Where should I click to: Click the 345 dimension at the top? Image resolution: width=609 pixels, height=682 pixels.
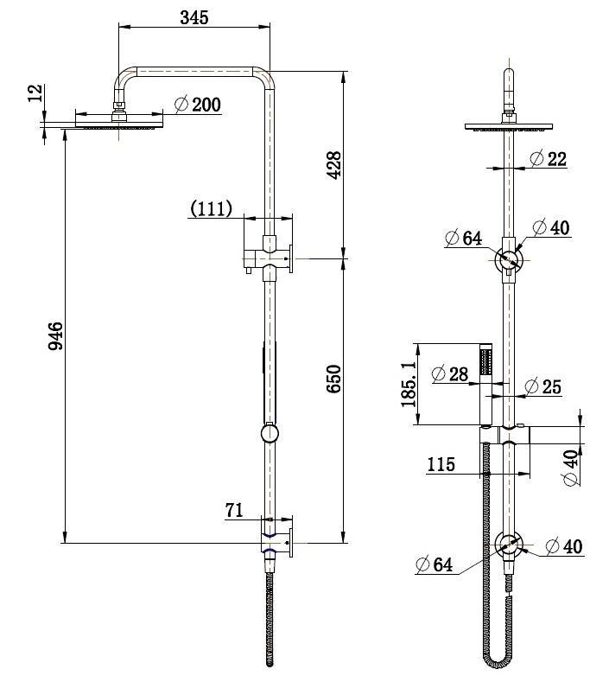tap(194, 17)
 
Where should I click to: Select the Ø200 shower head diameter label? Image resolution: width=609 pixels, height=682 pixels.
tap(198, 105)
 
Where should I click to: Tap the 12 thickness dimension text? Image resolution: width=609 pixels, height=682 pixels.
tap(35, 93)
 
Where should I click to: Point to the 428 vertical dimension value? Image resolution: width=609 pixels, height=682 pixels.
tap(334, 164)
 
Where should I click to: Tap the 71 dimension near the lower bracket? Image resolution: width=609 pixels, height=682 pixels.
tap(234, 511)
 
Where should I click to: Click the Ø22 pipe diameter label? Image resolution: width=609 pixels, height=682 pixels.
tap(546, 158)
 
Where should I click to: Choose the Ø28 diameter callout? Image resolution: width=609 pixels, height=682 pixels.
tap(449, 373)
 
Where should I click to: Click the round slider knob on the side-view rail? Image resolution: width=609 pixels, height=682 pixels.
tap(270, 432)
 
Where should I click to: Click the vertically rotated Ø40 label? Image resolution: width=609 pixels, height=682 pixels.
tap(571, 468)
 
